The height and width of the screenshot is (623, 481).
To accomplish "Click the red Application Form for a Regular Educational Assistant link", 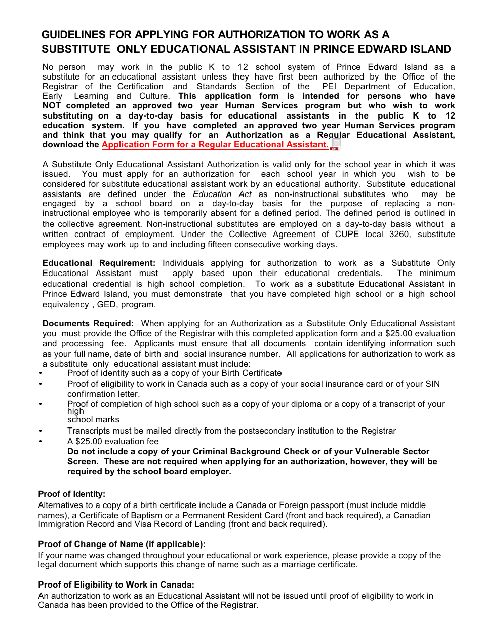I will pyautogui.click(x=215, y=145).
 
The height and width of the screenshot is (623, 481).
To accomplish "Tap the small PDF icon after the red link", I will pyautogui.click(x=335, y=145).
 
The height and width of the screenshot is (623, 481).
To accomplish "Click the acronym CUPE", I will pyautogui.click(x=346, y=234).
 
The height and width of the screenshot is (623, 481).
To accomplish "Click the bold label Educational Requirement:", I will pyautogui.click(x=99, y=263).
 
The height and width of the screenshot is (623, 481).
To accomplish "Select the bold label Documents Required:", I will pyautogui.click(x=88, y=323).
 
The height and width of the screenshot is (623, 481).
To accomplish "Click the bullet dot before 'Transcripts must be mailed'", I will pyautogui.click(x=41, y=431).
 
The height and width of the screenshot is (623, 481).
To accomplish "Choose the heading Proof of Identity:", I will pyautogui.click(x=72, y=494).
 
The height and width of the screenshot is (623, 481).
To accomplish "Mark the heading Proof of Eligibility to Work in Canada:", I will pyautogui.click(x=116, y=585).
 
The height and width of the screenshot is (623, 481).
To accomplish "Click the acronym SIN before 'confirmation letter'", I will pyautogui.click(x=432, y=384).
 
